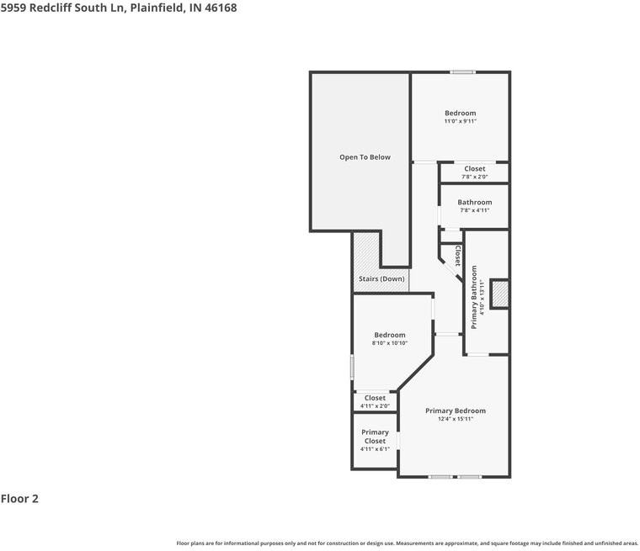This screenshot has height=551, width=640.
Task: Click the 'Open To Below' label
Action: (365, 157)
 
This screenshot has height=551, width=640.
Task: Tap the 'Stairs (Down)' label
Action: (381, 279)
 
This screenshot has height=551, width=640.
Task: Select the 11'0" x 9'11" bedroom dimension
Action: (460, 122)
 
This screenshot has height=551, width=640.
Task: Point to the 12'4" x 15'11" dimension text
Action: (456, 419)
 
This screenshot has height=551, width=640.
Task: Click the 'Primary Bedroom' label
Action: (456, 411)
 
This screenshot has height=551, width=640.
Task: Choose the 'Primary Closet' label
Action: (375, 437)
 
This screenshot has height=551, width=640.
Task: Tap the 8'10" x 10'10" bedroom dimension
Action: (390, 343)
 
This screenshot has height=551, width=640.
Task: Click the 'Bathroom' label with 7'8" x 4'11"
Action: (475, 203)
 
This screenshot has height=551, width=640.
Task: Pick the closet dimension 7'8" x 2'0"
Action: (474, 177)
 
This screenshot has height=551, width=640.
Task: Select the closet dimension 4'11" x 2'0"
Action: (375, 406)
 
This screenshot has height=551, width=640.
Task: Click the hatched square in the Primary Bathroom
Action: (499, 294)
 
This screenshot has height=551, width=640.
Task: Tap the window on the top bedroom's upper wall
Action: (461, 72)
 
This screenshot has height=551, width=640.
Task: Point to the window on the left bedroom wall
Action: (352, 367)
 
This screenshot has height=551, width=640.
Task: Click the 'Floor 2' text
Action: (19, 499)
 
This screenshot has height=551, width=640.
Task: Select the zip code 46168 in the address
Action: (219, 8)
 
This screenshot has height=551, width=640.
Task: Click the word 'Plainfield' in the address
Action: (152, 8)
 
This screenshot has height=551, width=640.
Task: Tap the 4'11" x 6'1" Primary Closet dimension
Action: (375, 449)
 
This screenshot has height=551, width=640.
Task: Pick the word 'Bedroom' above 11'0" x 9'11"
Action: (460, 114)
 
